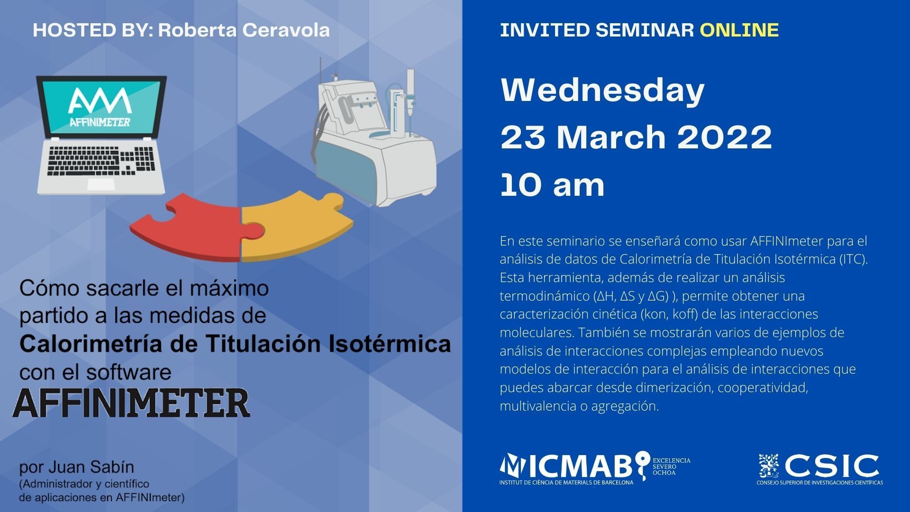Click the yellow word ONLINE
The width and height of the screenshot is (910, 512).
(x=739, y=30)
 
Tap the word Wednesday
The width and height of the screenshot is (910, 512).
(x=602, y=90)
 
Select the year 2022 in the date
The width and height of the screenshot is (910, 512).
(x=725, y=137)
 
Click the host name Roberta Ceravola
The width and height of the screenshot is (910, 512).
(x=244, y=30)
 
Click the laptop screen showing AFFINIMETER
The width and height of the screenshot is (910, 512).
(x=101, y=108)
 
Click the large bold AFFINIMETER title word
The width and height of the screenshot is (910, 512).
(x=131, y=403)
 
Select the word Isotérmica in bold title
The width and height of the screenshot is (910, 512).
(x=390, y=344)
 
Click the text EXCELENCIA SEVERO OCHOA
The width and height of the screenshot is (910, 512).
(x=672, y=466)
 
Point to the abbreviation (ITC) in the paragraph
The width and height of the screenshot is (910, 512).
(x=853, y=259)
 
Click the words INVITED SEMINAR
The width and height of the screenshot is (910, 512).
(x=597, y=30)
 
